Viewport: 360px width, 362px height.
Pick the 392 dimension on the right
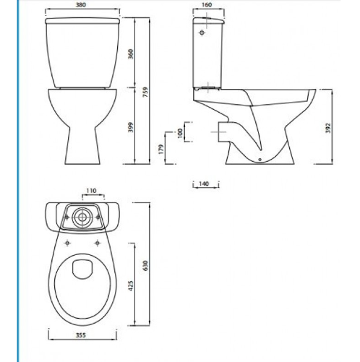pos(327,128)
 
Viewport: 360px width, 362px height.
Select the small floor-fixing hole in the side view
pos(260,158)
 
